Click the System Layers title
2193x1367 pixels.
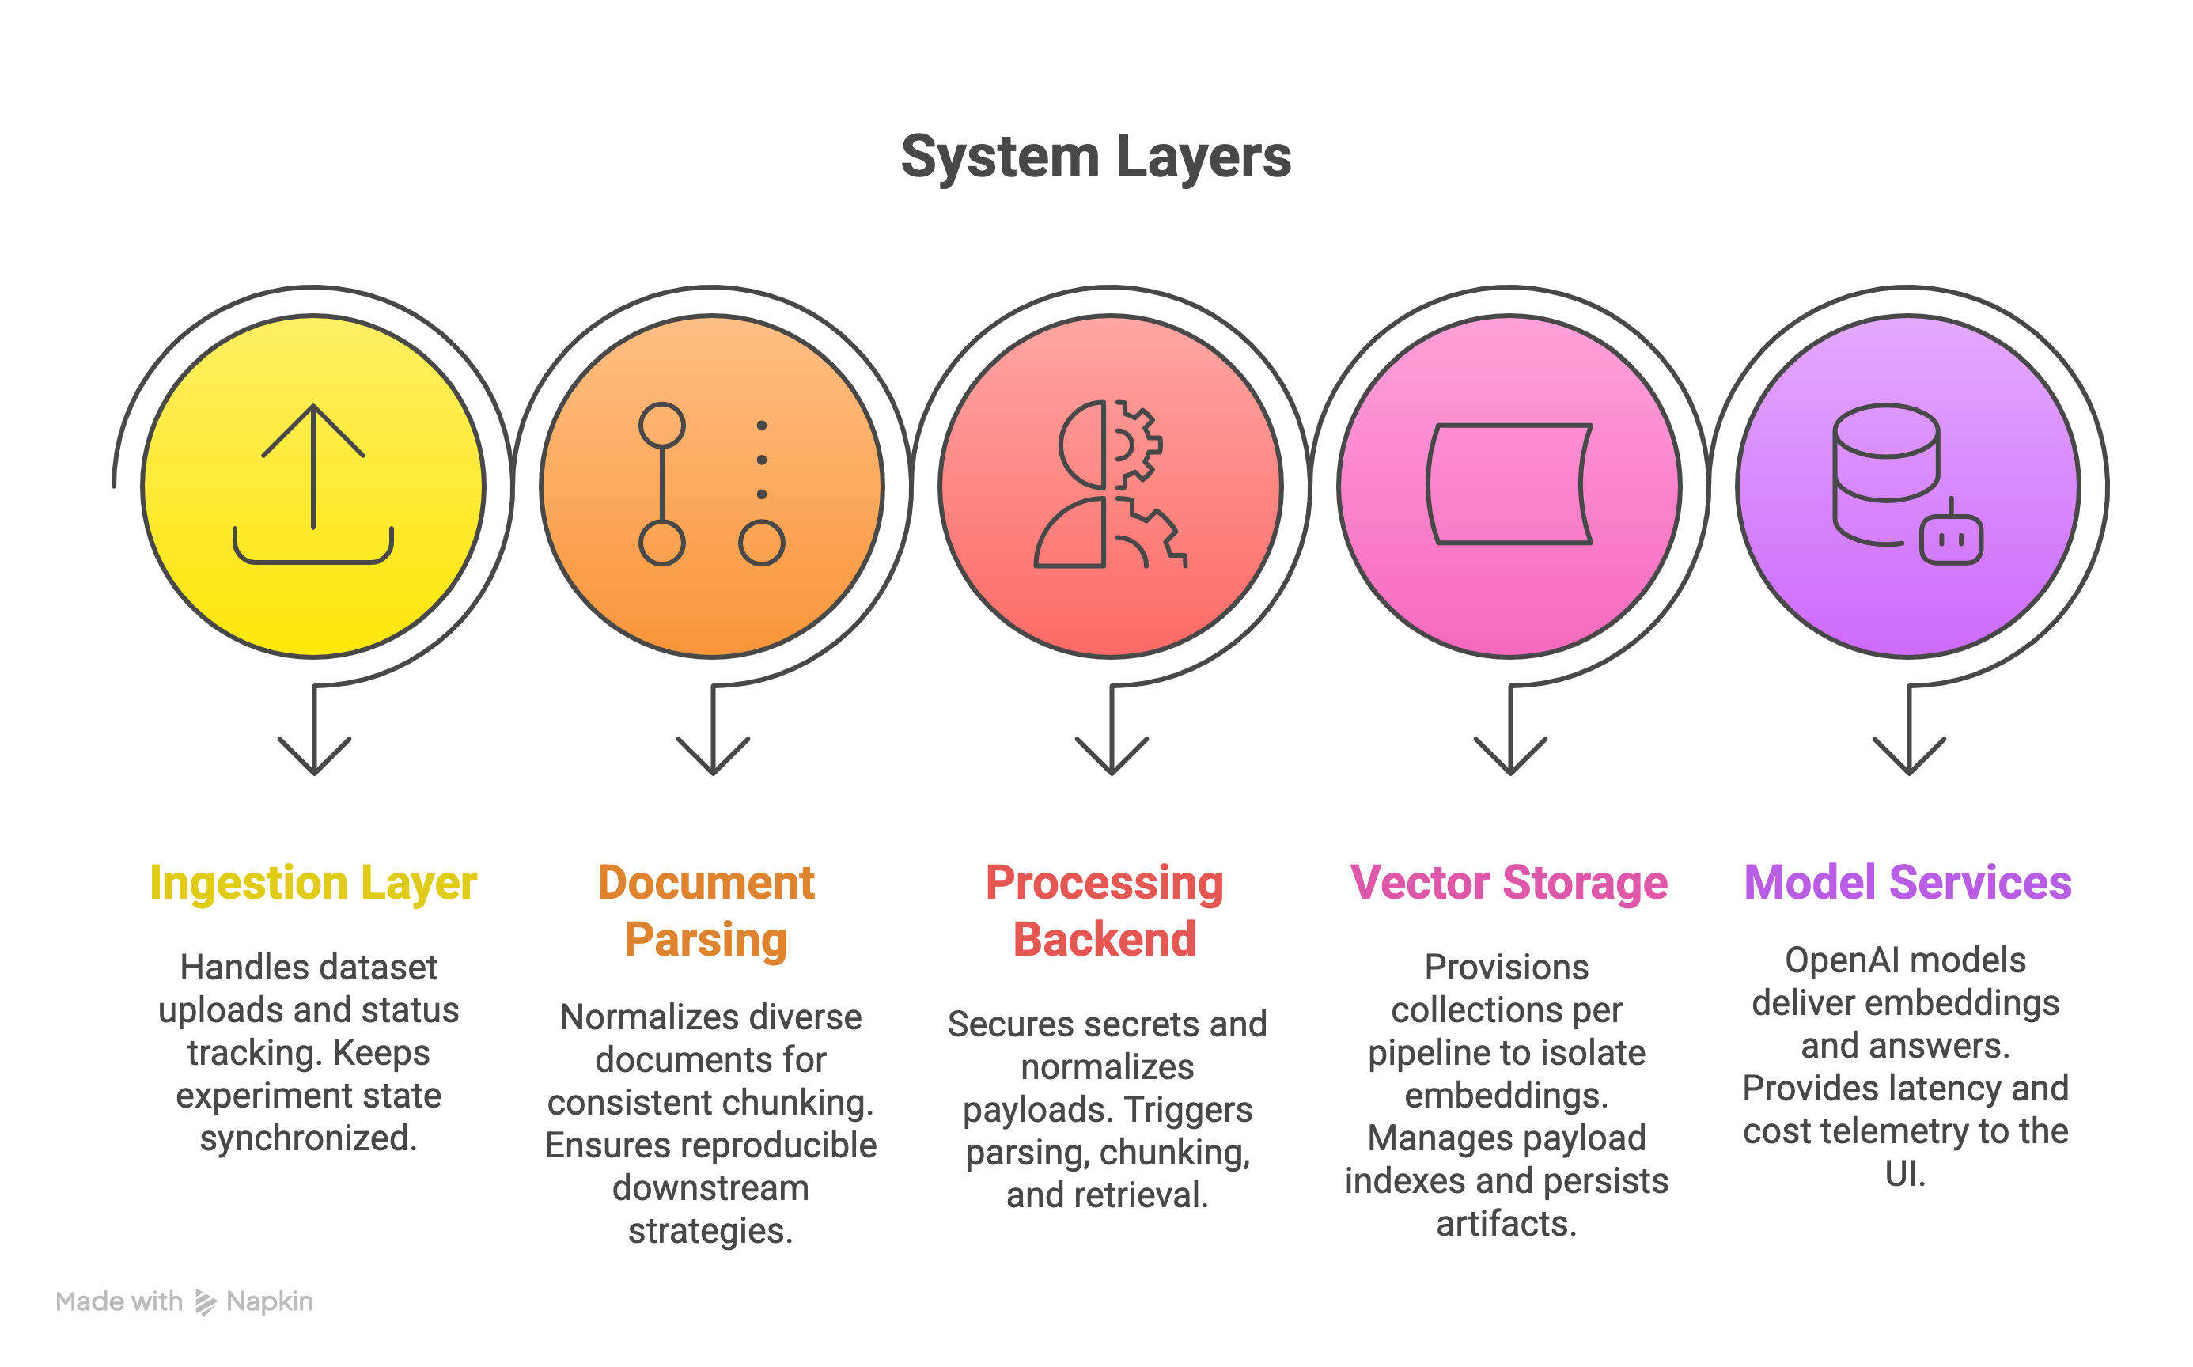click(x=1096, y=157)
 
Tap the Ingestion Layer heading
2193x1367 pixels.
click(x=312, y=882)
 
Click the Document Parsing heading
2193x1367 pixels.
click(x=706, y=911)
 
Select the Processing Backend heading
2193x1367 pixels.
click(x=1104, y=911)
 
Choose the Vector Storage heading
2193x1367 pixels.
click(x=1508, y=882)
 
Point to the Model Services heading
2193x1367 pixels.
click(x=1907, y=882)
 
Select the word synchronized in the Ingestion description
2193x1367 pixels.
click(x=309, y=1138)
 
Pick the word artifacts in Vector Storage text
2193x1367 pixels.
click(x=1506, y=1224)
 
